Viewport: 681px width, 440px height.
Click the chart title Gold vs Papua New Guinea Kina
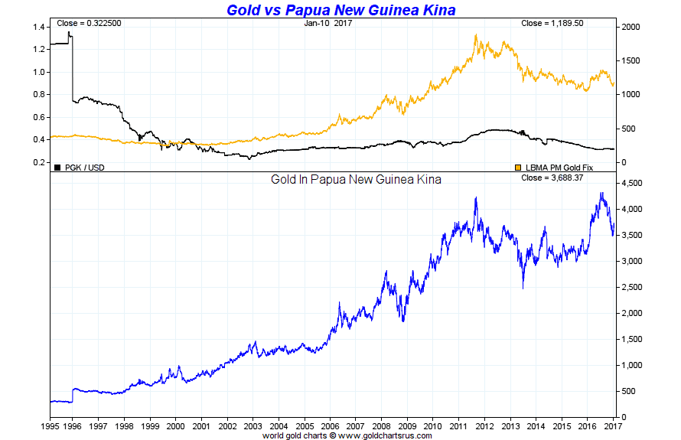pyautogui.click(x=340, y=10)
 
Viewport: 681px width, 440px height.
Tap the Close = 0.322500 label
pyautogui.click(x=89, y=24)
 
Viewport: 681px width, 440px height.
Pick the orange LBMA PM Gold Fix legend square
pyautogui.click(x=518, y=166)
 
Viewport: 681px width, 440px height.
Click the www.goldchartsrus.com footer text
pyautogui.click(x=383, y=435)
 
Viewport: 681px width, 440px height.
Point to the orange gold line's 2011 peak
pyautogui.click(x=476, y=34)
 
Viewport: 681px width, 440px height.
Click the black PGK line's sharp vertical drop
pyautogui.click(x=72, y=69)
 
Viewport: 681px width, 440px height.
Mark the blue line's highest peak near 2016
pyautogui.click(x=601, y=193)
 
